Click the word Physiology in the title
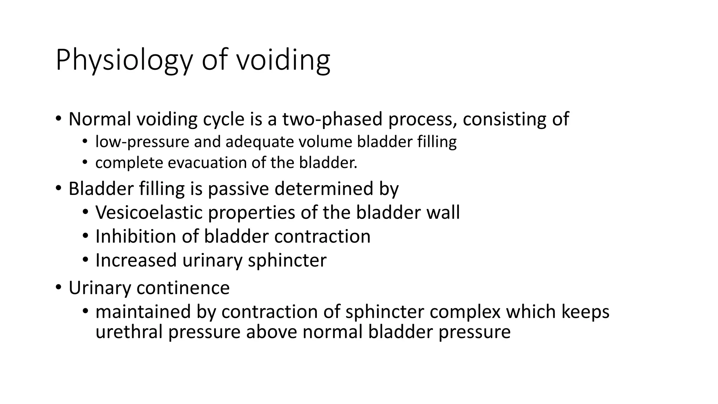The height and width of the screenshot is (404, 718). tap(124, 60)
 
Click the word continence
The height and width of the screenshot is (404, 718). tap(183, 288)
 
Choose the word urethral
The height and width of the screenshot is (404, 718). tap(129, 332)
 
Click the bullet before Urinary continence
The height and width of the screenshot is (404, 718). tap(59, 288)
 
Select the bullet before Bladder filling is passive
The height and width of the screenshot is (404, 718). tap(59, 189)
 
